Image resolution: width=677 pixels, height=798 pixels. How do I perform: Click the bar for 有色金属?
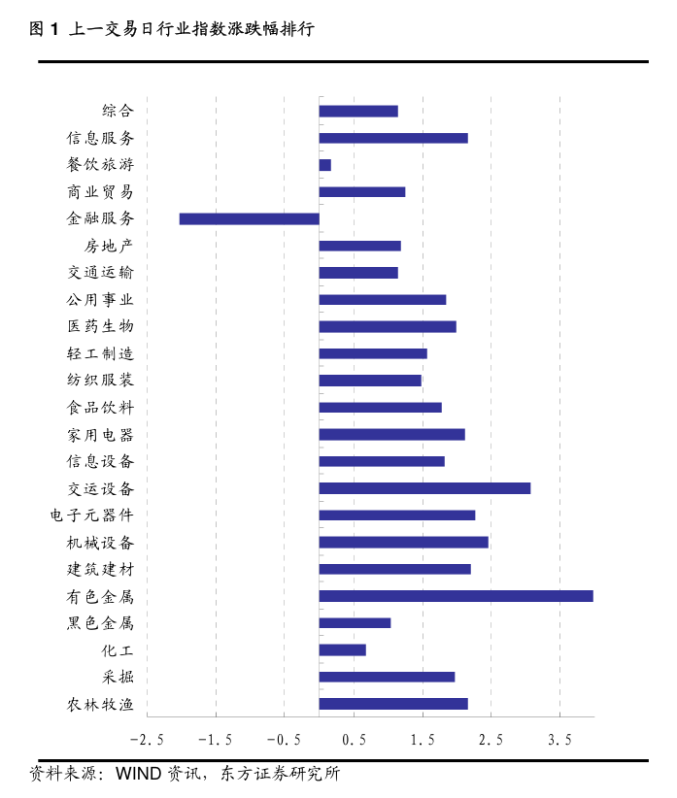456,596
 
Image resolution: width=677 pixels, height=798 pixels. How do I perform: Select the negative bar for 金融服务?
250,218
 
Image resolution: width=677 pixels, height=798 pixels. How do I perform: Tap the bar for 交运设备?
424,488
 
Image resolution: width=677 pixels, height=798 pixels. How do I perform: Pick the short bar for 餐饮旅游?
325,165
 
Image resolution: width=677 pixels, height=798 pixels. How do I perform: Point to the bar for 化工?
343,649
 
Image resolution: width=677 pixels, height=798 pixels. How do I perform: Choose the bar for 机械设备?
403,542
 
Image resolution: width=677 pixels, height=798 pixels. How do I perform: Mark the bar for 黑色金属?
355,623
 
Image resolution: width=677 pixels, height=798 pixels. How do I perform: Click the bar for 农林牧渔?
393,704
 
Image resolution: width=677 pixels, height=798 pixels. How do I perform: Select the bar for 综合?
358,111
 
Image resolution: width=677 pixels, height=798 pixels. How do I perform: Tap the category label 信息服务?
100,138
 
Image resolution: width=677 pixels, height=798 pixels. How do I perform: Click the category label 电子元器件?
92,515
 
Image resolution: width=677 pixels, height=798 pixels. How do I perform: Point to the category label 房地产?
109,246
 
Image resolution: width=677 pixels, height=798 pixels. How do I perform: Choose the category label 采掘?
118,677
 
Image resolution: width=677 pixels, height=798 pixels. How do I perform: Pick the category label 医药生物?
100,326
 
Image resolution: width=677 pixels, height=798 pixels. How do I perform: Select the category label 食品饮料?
100,408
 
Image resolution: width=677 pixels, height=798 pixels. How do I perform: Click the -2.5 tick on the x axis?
146,740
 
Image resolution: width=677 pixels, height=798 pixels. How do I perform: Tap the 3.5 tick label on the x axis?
559,740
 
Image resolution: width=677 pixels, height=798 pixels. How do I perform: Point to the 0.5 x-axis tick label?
354,740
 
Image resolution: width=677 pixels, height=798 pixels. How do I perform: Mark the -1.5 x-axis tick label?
215,740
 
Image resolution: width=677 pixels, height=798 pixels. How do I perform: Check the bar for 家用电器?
391,434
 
